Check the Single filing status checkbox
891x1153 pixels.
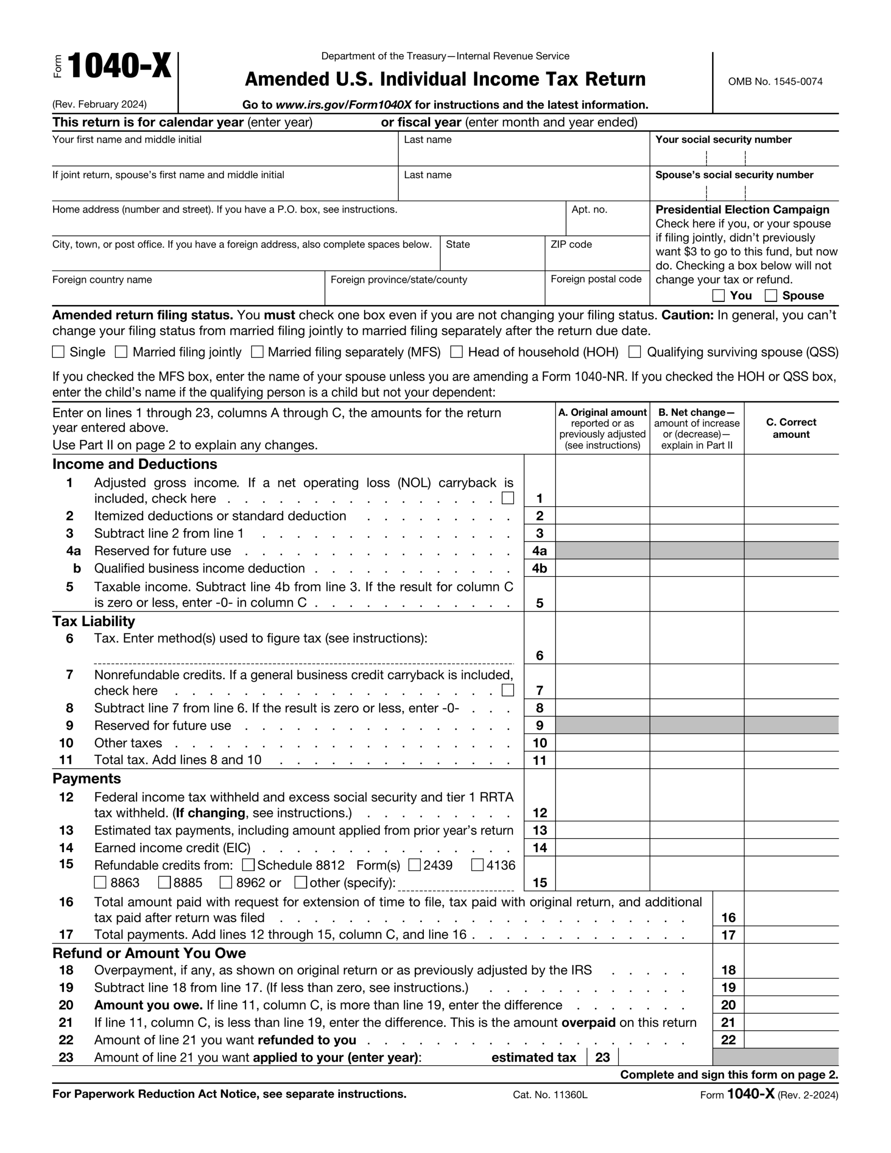click(x=58, y=352)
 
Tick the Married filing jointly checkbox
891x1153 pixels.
click(x=122, y=352)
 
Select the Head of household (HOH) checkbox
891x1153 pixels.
click(x=456, y=352)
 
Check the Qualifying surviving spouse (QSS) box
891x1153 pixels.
click(x=635, y=352)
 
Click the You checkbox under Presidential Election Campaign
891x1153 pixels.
click(x=718, y=295)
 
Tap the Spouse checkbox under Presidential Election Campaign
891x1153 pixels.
click(x=771, y=295)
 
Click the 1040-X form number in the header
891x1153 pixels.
click(x=119, y=67)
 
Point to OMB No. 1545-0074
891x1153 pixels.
click(x=775, y=82)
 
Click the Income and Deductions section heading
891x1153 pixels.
click(x=135, y=464)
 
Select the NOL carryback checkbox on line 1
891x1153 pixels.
click(x=508, y=498)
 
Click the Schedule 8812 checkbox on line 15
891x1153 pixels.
click(x=248, y=865)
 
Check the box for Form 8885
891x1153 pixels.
click(x=165, y=882)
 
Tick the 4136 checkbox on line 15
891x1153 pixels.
click(x=477, y=865)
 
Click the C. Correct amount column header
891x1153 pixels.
click(x=791, y=428)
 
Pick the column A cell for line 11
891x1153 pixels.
click(x=602, y=760)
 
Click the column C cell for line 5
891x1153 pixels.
click(x=791, y=595)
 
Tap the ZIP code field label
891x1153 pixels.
click(x=571, y=245)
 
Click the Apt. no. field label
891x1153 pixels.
click(x=590, y=209)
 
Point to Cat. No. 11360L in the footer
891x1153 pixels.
click(x=550, y=1095)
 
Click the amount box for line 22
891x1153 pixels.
click(x=791, y=1040)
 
